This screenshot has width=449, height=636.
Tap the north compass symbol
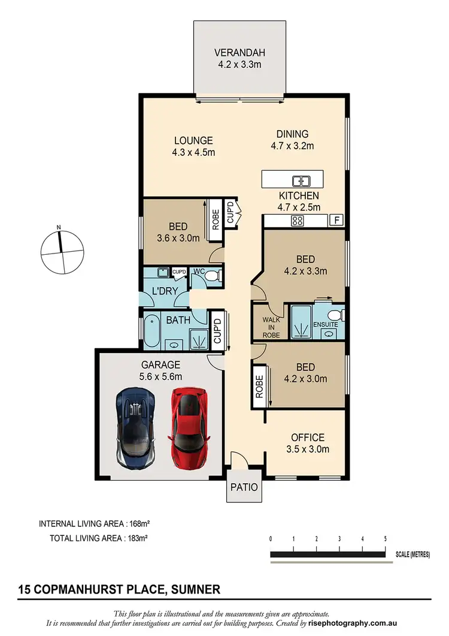coord(61,250)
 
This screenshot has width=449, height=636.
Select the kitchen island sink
coord(300,181)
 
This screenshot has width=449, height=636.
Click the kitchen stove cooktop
coord(296,221)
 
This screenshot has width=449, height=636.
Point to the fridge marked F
coord(337,221)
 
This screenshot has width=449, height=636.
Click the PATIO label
coord(244,487)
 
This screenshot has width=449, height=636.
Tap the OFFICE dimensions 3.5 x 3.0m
coord(308,449)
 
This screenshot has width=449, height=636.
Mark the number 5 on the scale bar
coord(385,538)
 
